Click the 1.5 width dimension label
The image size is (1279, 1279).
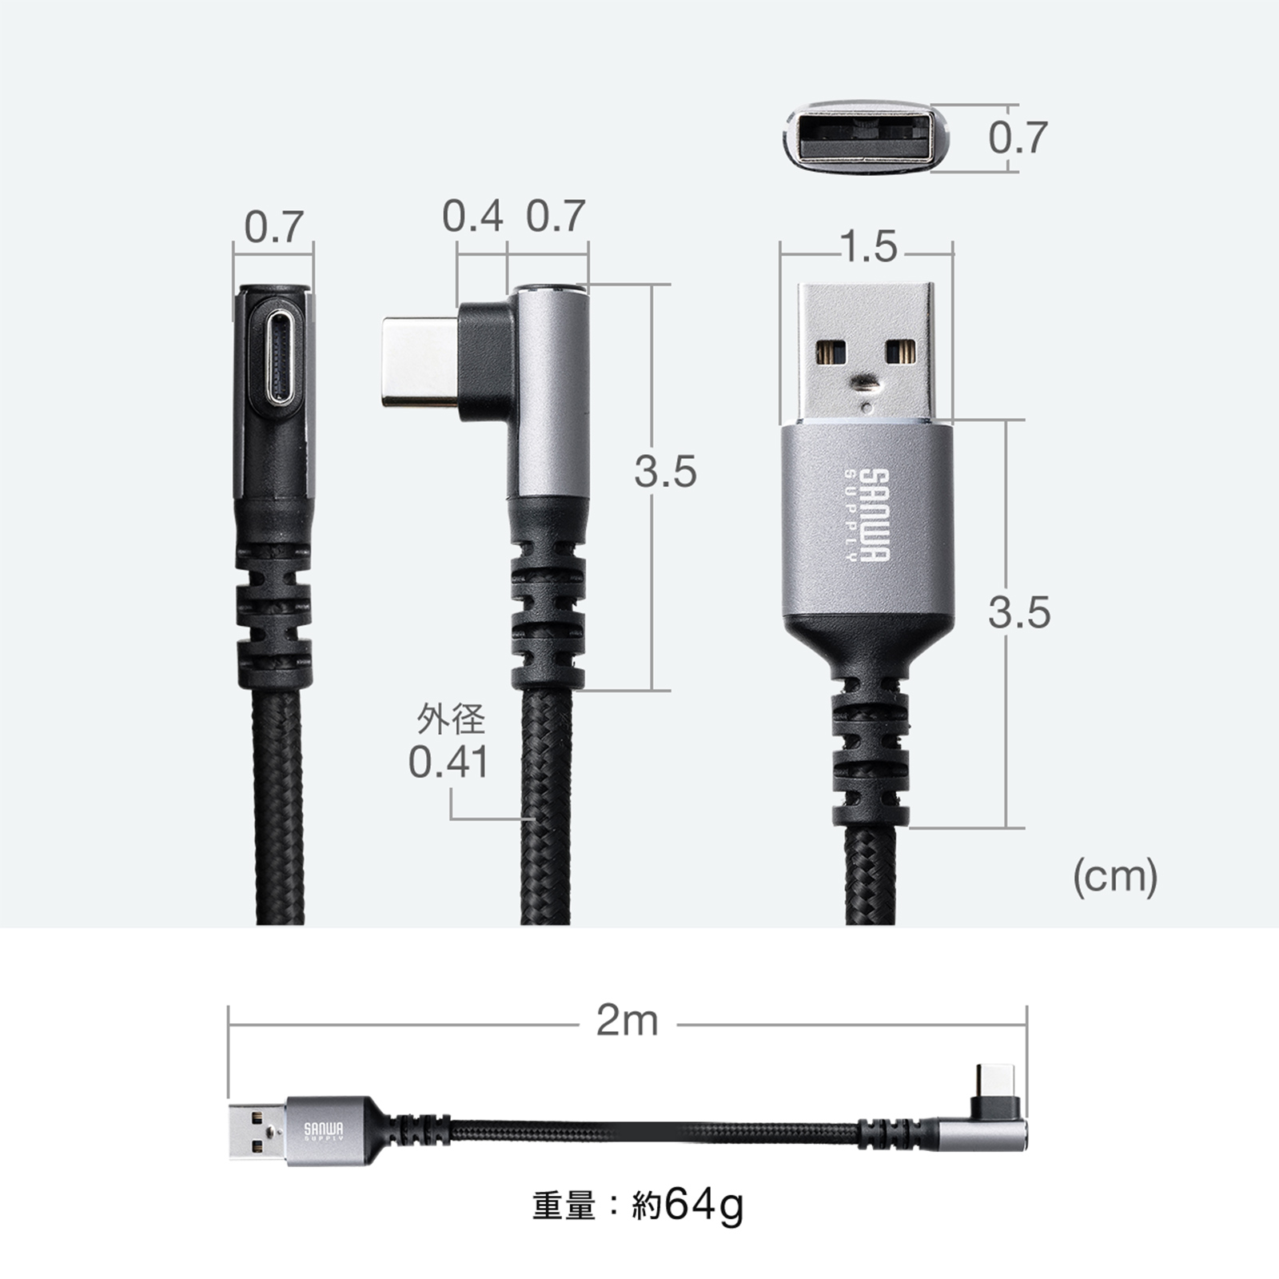tap(869, 247)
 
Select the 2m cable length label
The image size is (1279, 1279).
tap(628, 1021)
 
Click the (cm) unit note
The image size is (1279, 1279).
tap(1115, 877)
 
